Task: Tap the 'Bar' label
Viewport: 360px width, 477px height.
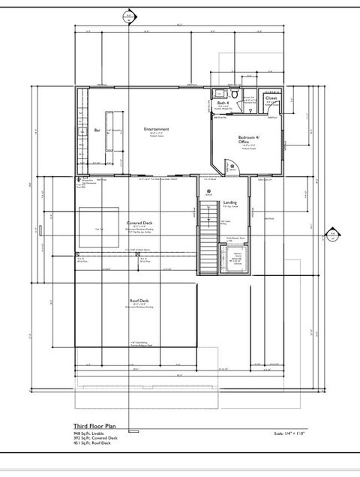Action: click(97, 130)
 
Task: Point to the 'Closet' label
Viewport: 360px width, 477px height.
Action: click(271, 98)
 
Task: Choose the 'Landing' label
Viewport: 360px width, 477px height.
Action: click(230, 202)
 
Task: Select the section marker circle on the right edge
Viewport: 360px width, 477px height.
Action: click(332, 235)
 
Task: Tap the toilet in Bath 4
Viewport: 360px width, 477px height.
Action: click(235, 96)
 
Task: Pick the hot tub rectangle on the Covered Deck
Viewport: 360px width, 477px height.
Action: click(99, 229)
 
